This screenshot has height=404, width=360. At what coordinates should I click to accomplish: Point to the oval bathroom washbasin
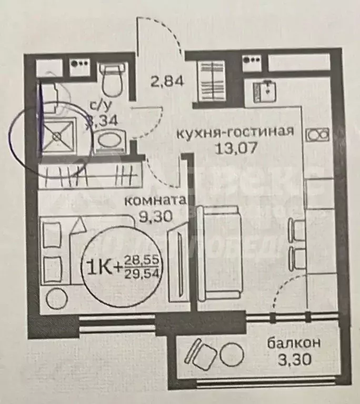109,142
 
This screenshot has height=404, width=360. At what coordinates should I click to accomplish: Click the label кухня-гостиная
234,132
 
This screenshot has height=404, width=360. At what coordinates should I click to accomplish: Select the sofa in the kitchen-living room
218,252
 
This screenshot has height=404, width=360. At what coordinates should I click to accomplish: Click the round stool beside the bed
55,299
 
